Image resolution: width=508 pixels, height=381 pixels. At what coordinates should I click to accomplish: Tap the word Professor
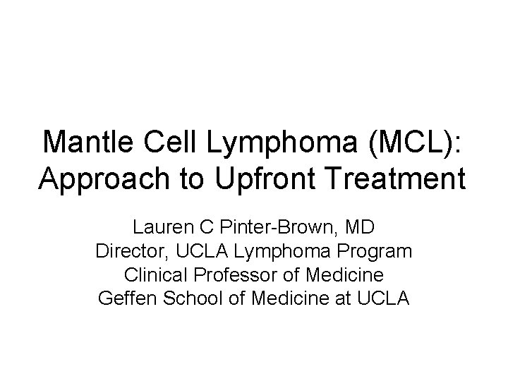point(236,274)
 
